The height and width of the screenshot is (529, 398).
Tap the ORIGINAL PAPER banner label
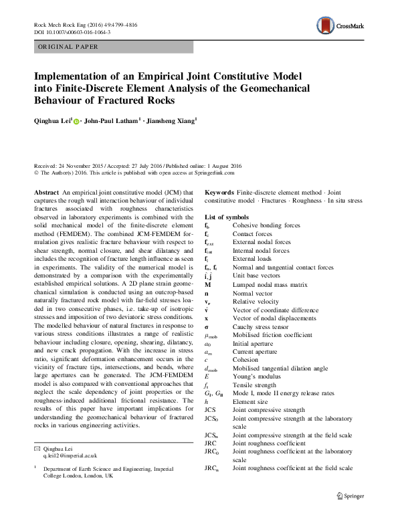coord(66,47)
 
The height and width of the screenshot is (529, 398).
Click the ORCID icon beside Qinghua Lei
coord(75,122)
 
